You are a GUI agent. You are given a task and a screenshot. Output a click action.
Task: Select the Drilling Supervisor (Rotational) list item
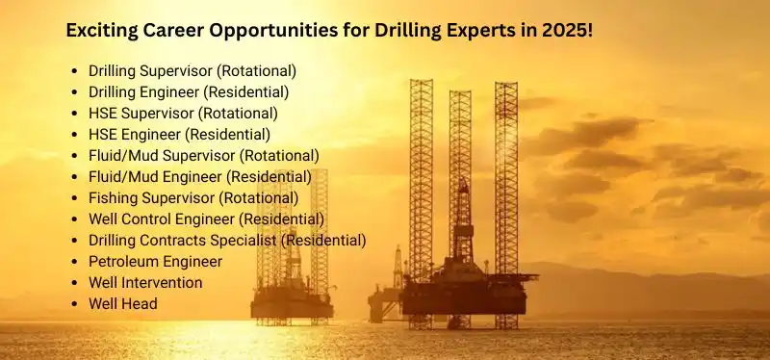[192, 70]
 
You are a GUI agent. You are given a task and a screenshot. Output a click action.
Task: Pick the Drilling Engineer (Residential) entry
[189, 91]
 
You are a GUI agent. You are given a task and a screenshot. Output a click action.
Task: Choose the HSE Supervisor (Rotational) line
[183, 113]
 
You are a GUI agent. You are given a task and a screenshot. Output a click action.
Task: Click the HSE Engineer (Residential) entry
[179, 134]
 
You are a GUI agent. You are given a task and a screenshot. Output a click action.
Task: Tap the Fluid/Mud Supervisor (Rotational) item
[203, 155]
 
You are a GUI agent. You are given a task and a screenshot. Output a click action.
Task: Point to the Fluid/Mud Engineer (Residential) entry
[199, 176]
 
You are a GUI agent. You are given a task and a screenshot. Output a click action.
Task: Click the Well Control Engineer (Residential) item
[206, 219]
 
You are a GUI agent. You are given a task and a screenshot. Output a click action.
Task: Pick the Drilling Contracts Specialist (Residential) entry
[227, 240]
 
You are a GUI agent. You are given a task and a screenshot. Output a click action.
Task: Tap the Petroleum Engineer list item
[155, 261]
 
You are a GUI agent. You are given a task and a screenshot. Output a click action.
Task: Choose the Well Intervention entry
[145, 282]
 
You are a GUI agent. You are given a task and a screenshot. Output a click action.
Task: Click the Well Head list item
[122, 303]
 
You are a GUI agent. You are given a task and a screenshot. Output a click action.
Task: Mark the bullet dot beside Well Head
[75, 304]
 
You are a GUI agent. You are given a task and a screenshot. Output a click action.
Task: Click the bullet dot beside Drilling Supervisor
[75, 71]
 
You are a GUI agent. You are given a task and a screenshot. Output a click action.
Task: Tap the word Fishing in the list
[114, 197]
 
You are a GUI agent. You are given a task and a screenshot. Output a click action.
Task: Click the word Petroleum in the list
[122, 261]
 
